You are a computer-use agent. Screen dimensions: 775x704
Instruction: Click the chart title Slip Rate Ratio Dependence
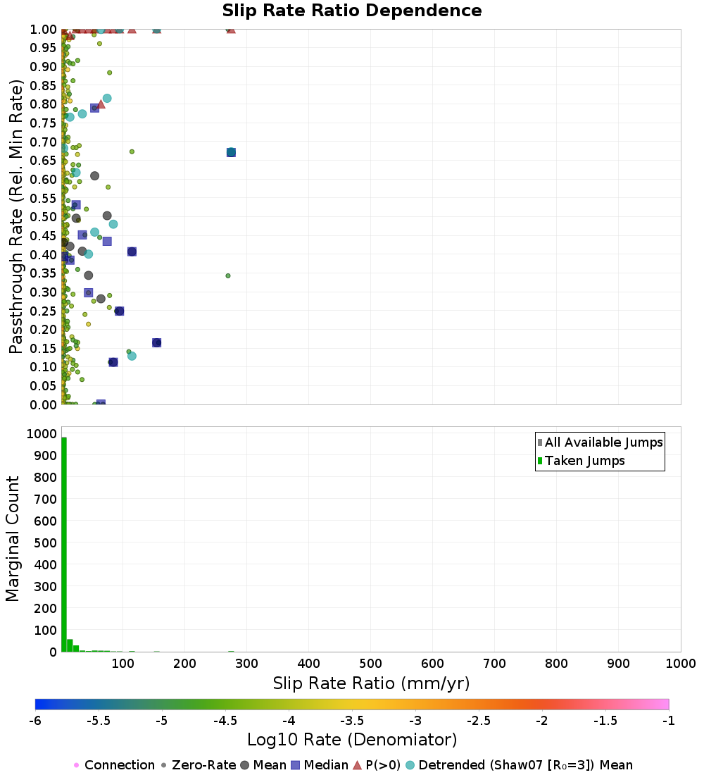[x=352, y=11]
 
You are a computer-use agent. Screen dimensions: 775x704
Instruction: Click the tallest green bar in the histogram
[x=64, y=544]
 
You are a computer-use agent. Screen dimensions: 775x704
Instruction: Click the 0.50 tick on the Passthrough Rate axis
[x=44, y=217]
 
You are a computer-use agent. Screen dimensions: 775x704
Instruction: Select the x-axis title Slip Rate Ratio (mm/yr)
[x=371, y=683]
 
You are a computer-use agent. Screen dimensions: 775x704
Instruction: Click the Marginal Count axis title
[x=13, y=539]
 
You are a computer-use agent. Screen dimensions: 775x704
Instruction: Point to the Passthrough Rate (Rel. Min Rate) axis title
[x=16, y=216]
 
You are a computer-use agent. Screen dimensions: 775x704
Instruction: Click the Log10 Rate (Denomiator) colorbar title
[x=352, y=740]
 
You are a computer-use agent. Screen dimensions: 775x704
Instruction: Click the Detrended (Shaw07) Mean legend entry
[x=525, y=765]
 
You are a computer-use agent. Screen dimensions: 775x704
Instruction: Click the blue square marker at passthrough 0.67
[x=231, y=152]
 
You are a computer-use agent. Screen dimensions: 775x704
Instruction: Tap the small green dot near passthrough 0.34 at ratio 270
[x=228, y=275]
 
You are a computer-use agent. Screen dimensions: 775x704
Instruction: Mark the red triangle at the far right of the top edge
[x=231, y=29]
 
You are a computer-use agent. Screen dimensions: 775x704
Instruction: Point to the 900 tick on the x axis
[x=618, y=664]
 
